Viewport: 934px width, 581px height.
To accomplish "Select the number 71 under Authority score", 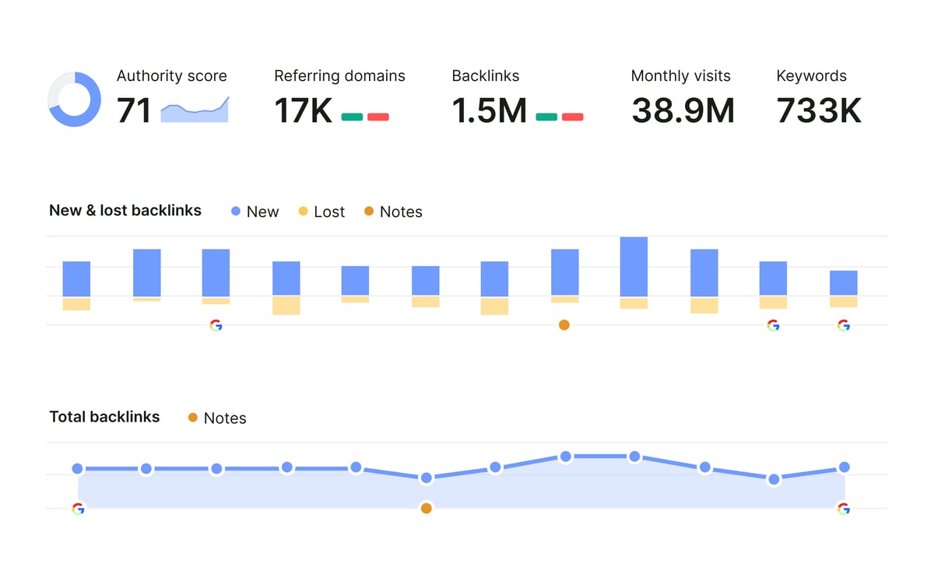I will point(134,110).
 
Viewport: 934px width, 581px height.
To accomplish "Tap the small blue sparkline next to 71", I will point(195,110).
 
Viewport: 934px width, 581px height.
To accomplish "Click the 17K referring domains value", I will point(304,110).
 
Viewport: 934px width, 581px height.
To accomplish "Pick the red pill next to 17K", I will point(378,117).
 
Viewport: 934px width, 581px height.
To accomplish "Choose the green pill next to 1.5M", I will point(546,117).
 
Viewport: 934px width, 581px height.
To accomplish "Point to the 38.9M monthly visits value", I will point(683,110).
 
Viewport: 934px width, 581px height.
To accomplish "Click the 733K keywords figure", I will point(819,110).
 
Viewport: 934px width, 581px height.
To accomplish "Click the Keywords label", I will point(811,76).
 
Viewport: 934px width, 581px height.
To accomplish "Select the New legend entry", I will point(255,212).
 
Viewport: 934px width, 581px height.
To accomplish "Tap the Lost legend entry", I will point(321,212).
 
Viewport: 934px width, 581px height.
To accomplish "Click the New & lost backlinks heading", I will point(125,211).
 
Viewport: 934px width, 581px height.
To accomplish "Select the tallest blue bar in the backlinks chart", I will point(634,267).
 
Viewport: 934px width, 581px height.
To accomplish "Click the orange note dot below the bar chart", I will point(564,325).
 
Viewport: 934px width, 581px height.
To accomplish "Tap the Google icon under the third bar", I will point(216,325).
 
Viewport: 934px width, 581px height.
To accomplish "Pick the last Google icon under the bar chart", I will point(843,325).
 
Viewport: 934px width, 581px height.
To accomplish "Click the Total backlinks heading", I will point(104,417).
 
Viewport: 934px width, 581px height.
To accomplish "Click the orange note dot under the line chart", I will point(426,509).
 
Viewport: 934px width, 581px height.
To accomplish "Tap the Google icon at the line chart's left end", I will point(78,509).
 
